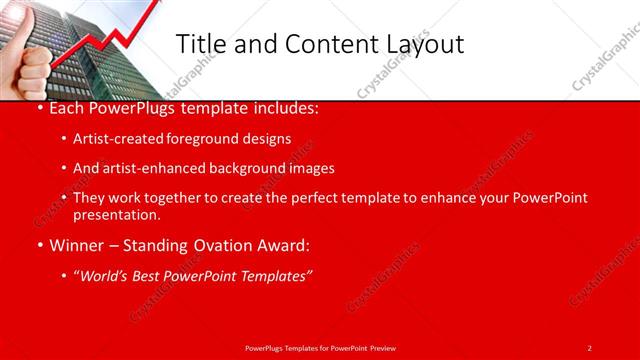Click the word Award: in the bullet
284,245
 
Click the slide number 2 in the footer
589,347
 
